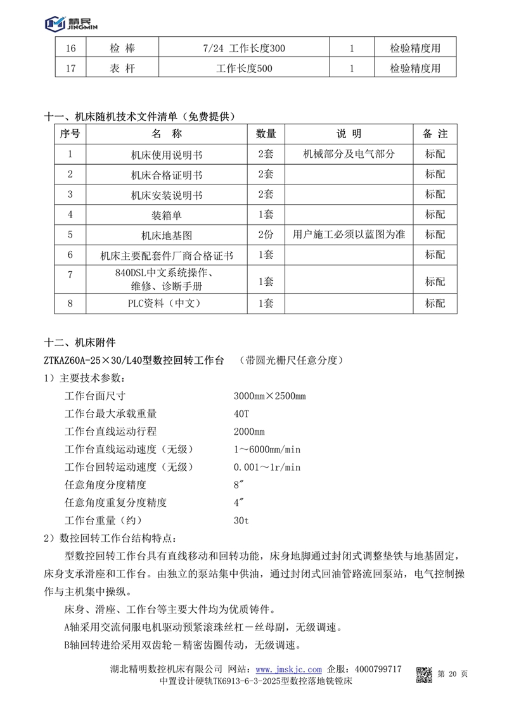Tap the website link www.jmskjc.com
click(288, 669)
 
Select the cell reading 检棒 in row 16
click(122, 48)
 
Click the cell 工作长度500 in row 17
click(244, 68)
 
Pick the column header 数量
click(266, 134)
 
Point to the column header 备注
click(435, 134)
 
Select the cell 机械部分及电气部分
click(349, 154)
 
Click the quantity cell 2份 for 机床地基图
click(266, 235)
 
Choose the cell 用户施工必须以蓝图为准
click(349, 235)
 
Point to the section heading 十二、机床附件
click(80, 343)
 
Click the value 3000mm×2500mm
click(269, 397)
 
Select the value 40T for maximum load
click(242, 414)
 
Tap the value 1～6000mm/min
click(267, 449)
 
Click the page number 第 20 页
click(452, 674)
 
